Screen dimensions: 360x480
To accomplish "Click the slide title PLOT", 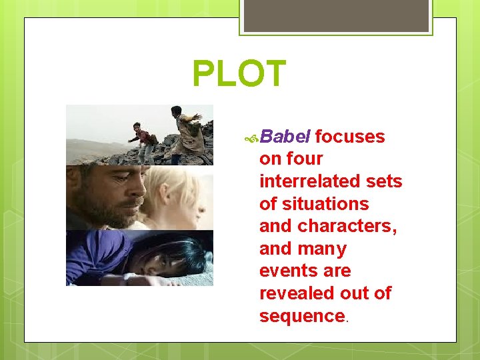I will (239, 74).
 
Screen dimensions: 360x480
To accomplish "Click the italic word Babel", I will (285, 137).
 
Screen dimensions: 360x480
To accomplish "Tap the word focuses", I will (350, 137).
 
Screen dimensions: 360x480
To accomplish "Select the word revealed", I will (296, 294).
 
